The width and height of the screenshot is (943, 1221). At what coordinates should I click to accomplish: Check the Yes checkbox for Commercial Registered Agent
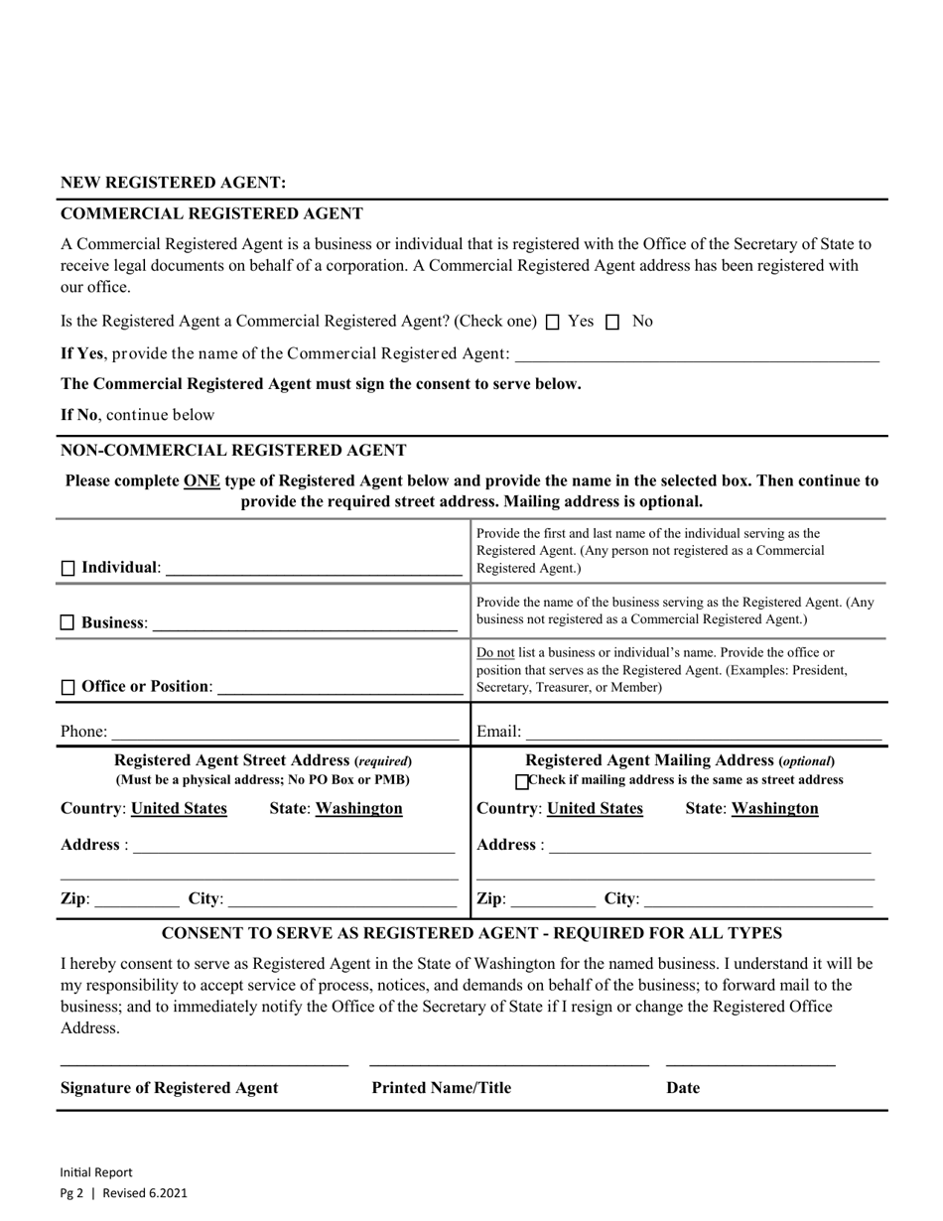click(x=554, y=322)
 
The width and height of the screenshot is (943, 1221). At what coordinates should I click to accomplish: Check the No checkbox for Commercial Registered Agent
click(x=612, y=322)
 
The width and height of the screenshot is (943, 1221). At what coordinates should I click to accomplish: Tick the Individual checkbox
click(x=67, y=569)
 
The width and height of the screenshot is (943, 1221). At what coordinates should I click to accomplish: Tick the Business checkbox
click(x=67, y=623)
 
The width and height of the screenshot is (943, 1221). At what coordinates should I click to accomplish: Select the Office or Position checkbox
click(x=67, y=687)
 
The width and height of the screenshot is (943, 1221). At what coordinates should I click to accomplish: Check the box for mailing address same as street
click(x=523, y=781)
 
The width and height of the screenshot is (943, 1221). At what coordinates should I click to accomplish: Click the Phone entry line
click(x=285, y=733)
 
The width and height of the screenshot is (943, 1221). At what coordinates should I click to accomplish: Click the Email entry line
click(x=703, y=733)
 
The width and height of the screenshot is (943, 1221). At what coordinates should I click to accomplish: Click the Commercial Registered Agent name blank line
click(x=697, y=354)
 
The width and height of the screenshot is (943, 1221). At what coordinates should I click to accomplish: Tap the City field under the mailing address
click(x=757, y=899)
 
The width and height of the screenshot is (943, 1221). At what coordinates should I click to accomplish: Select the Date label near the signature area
click(x=683, y=1088)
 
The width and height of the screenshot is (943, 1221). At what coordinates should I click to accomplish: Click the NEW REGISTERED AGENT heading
click(x=173, y=183)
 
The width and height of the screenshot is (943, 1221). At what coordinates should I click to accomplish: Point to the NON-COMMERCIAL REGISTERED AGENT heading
click(x=233, y=451)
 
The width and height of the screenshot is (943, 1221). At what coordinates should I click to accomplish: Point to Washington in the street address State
click(x=358, y=809)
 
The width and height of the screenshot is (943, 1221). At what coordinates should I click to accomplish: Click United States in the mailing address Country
click(x=595, y=809)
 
